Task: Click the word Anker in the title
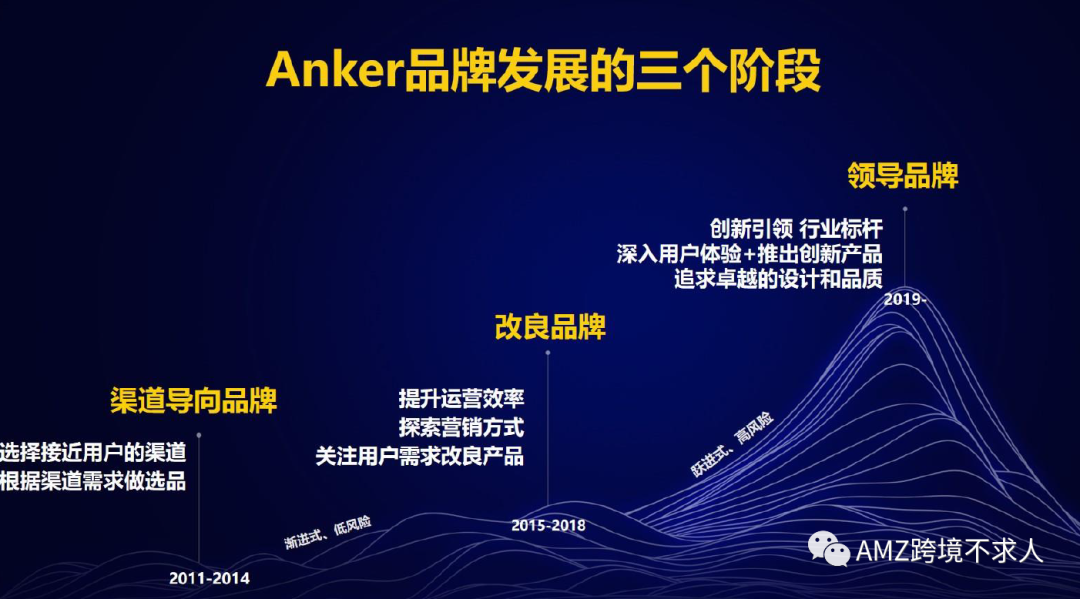point(333,70)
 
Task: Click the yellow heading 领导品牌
point(903,176)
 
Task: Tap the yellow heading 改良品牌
point(550,327)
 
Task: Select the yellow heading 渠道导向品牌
point(194,401)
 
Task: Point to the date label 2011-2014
point(209,578)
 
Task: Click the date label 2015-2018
point(548,525)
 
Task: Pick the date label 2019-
point(905,300)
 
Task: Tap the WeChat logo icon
point(829,549)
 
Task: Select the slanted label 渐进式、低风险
point(328,532)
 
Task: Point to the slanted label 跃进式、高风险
point(732,444)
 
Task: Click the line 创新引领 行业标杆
point(796,229)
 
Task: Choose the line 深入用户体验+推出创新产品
point(749,254)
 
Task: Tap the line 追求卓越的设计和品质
point(778,279)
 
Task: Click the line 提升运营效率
point(461,399)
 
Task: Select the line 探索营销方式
point(461,428)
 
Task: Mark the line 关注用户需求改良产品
point(419,456)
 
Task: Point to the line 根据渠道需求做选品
point(93,481)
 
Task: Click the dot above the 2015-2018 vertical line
point(548,353)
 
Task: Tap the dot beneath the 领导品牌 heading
point(905,209)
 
